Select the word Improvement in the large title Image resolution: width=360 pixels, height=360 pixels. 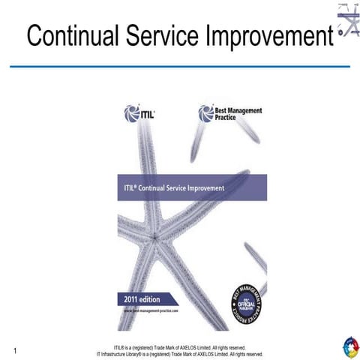(x=274, y=36)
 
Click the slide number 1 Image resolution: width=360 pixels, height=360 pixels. (x=14, y=349)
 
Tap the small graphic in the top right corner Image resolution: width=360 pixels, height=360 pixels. (x=347, y=22)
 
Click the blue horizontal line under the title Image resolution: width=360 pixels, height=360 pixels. (x=180, y=67)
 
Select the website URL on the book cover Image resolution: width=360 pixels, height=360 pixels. (x=154, y=309)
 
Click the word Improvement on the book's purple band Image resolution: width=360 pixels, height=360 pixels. (x=204, y=188)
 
